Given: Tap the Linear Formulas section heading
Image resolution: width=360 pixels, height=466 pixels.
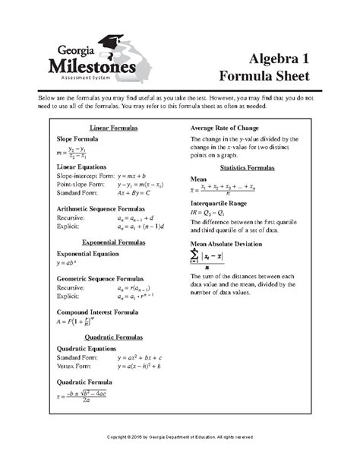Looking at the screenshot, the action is tap(113, 128).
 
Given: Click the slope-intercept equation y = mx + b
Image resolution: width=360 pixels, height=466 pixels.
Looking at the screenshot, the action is tap(136, 175).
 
